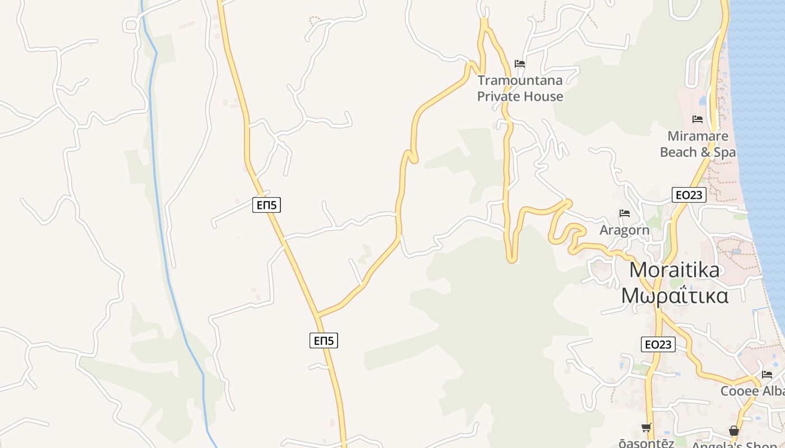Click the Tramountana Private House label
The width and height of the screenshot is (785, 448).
point(520,88)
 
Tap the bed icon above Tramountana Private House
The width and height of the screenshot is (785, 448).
point(520,64)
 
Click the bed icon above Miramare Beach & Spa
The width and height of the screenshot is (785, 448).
point(698,119)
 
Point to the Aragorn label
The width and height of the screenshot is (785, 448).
point(625,230)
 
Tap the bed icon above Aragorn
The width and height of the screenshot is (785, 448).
point(625,213)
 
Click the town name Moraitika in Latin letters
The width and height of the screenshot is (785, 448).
point(675,270)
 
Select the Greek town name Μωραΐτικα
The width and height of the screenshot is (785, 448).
point(675,295)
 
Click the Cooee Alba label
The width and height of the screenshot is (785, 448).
point(752,391)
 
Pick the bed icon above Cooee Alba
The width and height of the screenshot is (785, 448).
point(767,374)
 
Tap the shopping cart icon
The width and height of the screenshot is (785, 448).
point(647,428)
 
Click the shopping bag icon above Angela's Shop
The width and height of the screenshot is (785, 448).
point(734,431)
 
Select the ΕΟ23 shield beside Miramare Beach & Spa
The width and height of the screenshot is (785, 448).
point(689,195)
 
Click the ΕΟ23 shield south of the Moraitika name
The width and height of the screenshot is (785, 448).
point(658,344)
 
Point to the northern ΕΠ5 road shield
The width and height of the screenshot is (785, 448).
point(266,205)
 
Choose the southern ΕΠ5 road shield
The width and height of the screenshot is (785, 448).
point(324,340)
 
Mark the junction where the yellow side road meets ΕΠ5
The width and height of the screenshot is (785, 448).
point(318,315)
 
